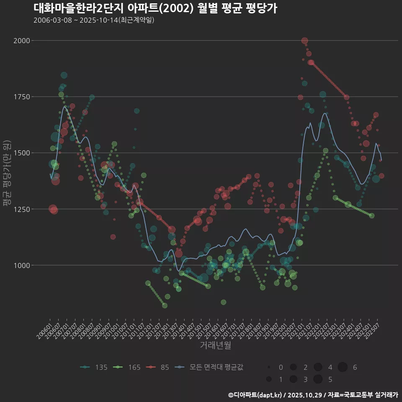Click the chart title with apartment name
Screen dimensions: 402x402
pos(155,8)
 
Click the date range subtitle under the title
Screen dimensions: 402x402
pos(94,20)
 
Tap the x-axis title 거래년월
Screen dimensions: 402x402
pos(216,345)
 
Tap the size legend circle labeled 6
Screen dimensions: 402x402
pos(343,367)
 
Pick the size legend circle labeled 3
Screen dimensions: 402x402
pos(293,379)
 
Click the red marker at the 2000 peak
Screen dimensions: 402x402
pos(304,41)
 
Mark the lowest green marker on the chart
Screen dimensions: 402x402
pos(165,306)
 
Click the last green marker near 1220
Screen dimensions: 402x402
pos(371,216)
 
